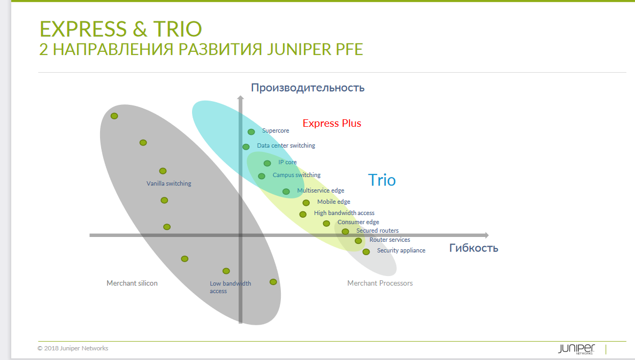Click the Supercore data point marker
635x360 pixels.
[x=251, y=132]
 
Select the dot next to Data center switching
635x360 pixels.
[x=246, y=147]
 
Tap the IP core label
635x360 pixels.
[x=287, y=162]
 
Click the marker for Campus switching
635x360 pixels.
[x=262, y=176]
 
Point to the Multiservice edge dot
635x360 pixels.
[x=286, y=192]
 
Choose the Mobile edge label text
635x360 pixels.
[x=334, y=202]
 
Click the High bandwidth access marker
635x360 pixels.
[x=303, y=214]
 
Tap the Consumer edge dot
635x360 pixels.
[x=326, y=223]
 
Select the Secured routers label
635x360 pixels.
[x=378, y=231]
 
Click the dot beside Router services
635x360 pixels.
[x=358, y=241]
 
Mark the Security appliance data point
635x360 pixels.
[x=366, y=252]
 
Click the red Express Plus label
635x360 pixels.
[x=332, y=123]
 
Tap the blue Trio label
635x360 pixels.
[x=381, y=180]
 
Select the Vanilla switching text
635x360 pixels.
[x=169, y=183]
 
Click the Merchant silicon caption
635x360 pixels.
[x=132, y=283]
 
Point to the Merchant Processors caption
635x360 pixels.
[x=380, y=283]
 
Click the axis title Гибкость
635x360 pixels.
[x=474, y=248]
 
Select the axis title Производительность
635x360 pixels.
[x=308, y=88]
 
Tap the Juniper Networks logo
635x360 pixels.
[x=576, y=349]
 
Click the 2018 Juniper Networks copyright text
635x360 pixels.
[x=73, y=348]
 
